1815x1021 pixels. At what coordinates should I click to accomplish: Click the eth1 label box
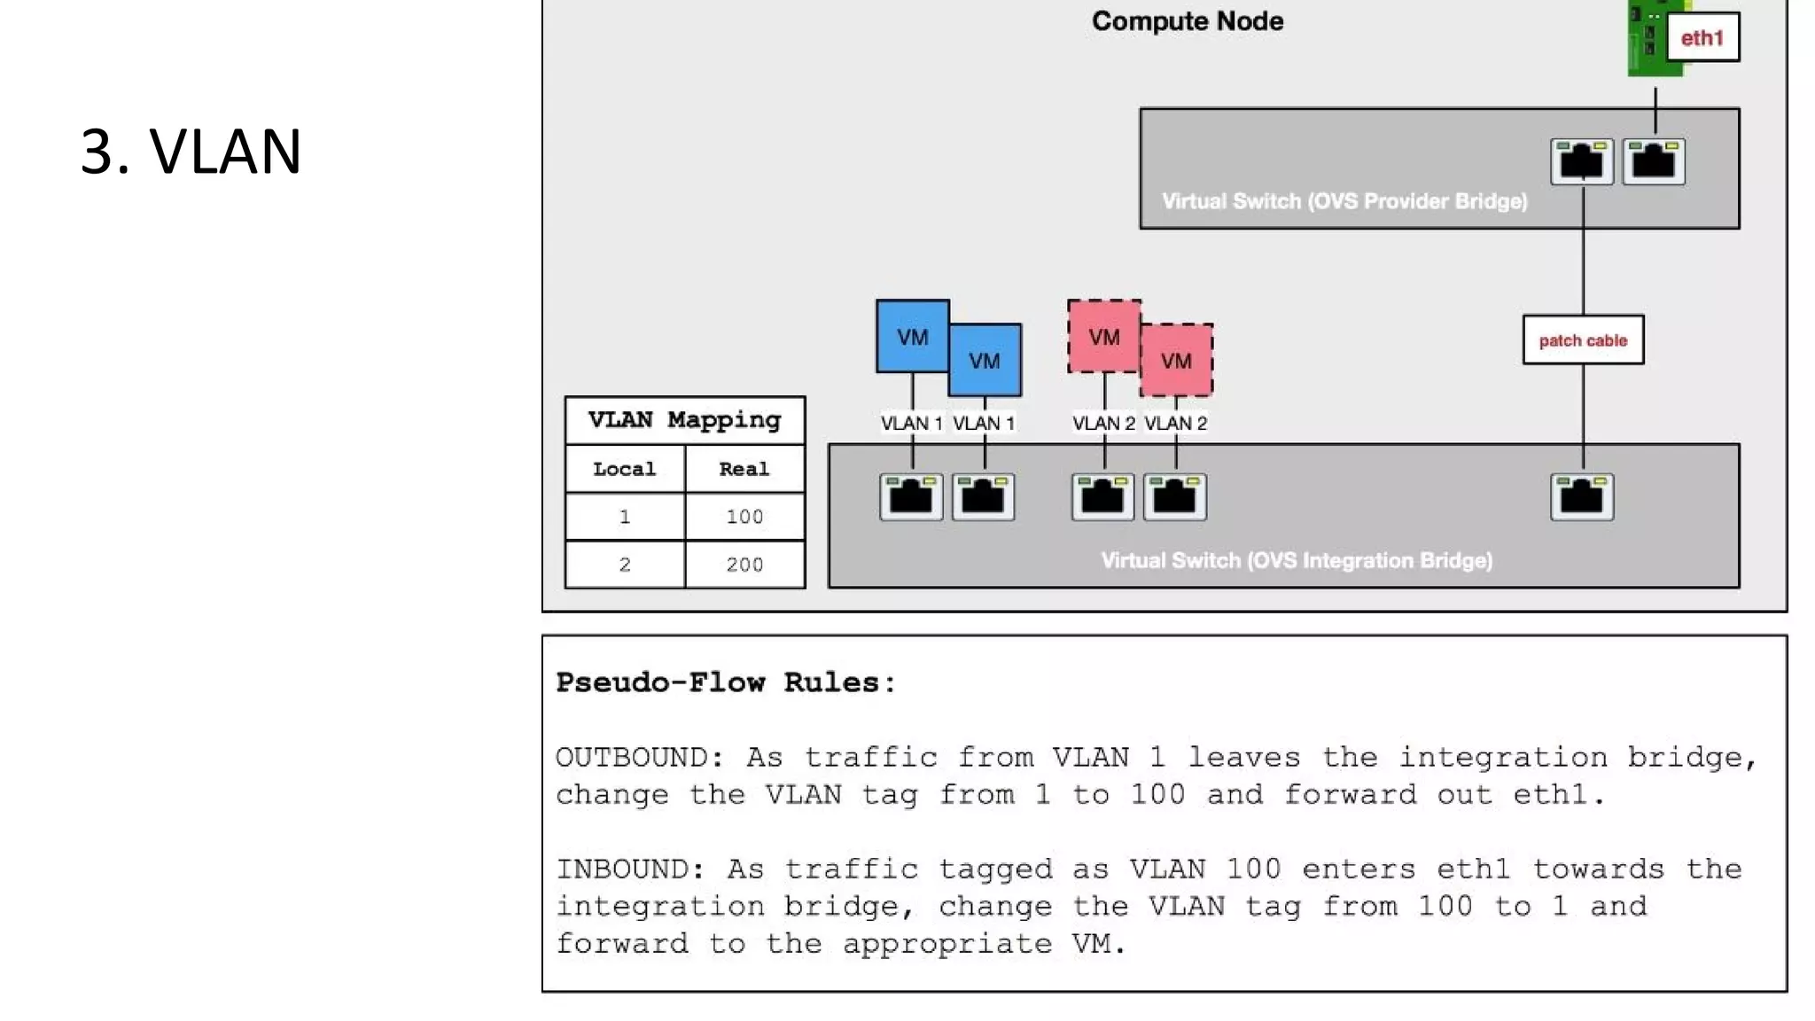(x=1702, y=37)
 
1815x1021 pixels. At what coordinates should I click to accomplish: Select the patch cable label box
(x=1583, y=340)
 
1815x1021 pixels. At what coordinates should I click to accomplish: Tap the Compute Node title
(x=1187, y=21)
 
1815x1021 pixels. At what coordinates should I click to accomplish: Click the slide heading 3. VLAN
(x=191, y=151)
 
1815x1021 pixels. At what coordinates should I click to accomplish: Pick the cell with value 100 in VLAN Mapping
(x=744, y=517)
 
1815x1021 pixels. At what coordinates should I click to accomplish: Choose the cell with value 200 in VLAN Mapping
(x=744, y=565)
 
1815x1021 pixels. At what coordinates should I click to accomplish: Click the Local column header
(x=625, y=469)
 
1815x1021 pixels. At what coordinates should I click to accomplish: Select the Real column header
(x=744, y=469)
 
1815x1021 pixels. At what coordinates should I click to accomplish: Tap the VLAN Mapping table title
(x=684, y=420)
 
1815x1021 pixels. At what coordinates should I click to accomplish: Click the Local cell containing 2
(x=625, y=565)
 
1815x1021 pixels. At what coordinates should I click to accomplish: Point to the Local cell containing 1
(x=625, y=517)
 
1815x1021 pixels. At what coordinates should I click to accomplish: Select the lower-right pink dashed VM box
(x=1177, y=361)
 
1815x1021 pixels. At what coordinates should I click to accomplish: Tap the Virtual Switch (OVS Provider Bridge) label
(x=1344, y=201)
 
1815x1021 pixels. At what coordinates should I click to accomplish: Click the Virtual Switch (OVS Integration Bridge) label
(x=1297, y=560)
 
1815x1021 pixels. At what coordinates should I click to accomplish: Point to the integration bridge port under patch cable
(x=1582, y=496)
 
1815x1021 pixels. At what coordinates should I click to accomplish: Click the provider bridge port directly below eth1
(x=1654, y=161)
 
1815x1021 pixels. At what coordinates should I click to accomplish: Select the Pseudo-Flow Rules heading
(x=726, y=682)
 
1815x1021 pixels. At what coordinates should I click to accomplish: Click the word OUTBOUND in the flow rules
(x=639, y=758)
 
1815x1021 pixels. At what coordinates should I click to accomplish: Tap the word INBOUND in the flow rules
(x=629, y=869)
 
